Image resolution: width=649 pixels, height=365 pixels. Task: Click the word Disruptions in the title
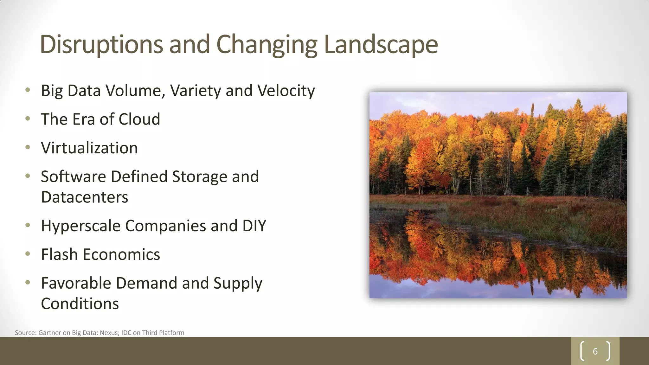point(101,44)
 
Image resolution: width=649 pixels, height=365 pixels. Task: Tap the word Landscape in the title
point(381,44)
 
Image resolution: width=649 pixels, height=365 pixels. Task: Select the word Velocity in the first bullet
point(286,91)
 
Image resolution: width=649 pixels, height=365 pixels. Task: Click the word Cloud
point(139,119)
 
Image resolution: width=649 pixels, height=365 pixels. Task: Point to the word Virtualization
point(89,148)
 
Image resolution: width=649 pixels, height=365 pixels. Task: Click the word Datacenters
point(85,197)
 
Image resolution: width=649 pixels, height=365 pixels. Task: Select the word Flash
point(59,254)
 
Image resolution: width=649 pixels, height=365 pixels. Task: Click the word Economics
point(121,254)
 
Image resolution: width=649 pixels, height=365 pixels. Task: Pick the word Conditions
point(80,304)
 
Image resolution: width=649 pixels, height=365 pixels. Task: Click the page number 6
point(595,351)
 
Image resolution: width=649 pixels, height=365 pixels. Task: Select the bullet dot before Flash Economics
point(28,254)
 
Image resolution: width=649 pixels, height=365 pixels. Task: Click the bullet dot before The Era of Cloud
point(28,119)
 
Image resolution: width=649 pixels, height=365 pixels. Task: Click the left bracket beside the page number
point(582,351)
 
